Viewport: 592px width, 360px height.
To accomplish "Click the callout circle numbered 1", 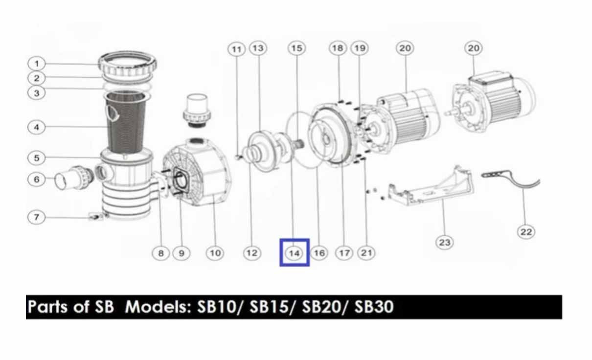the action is tap(37, 64).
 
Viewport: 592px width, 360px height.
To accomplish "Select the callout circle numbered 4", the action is tap(37, 127).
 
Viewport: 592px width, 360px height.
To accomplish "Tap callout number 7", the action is tap(37, 217).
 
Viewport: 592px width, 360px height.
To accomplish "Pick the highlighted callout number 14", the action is tap(295, 253).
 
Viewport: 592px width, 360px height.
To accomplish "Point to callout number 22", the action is tap(526, 232).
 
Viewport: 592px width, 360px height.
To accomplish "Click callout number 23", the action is tap(445, 242).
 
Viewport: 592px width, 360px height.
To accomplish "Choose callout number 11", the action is tap(236, 49).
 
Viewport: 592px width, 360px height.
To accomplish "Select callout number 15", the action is tap(296, 48).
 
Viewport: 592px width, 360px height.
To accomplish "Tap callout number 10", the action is tap(215, 253).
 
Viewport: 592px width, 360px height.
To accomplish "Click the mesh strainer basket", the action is tap(126, 123).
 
